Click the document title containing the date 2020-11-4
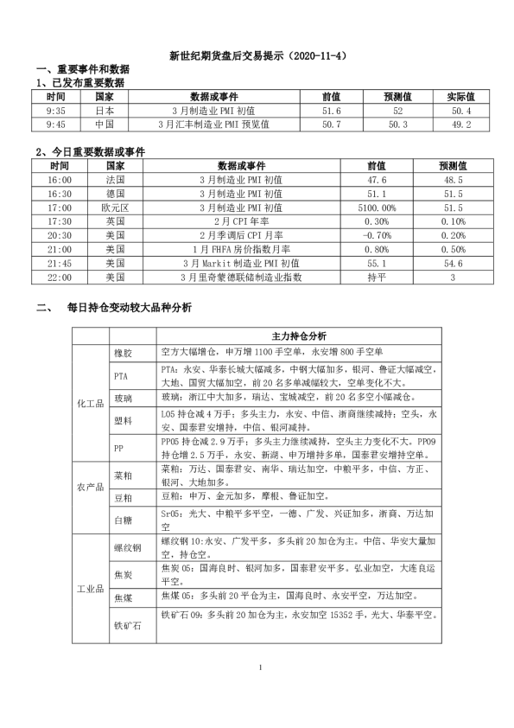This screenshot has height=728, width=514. click(257, 55)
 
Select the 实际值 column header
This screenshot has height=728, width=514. click(454, 97)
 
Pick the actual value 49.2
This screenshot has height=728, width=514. click(454, 125)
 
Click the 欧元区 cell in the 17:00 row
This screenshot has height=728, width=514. click(115, 208)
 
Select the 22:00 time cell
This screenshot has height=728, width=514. click(60, 278)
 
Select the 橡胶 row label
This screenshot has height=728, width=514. click(123, 354)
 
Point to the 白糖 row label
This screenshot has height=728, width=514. click(123, 520)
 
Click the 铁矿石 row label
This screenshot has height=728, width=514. click(123, 625)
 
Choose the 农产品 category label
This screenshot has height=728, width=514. click(90, 487)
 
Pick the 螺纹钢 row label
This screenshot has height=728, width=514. click(123, 548)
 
